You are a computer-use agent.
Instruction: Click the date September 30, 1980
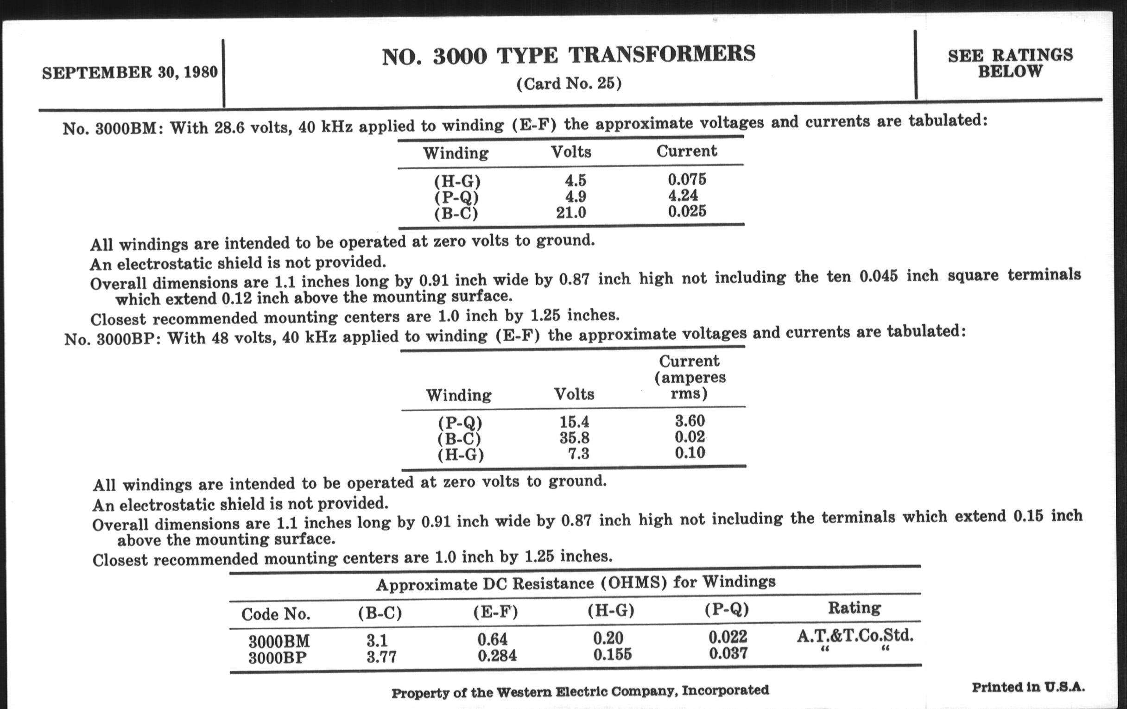coord(130,73)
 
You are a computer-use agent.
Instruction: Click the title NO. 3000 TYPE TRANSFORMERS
coord(568,55)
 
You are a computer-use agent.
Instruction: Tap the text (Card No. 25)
coord(569,84)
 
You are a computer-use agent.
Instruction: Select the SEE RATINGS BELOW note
coord(1010,63)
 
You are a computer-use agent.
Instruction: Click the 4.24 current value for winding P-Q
coord(683,195)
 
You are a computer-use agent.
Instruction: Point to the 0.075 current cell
coord(687,179)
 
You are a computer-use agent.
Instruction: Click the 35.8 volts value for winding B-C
coord(574,438)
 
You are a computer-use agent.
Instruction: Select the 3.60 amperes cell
coord(690,421)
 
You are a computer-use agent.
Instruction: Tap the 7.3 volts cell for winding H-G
coord(578,454)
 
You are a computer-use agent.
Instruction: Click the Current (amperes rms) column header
coord(690,377)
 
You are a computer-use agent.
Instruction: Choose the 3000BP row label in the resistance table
coord(278,658)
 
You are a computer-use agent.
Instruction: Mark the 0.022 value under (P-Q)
coord(728,636)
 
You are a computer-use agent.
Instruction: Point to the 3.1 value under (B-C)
coord(377,640)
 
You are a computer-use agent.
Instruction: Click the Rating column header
coord(854,608)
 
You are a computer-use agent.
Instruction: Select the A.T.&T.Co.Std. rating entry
coord(855,635)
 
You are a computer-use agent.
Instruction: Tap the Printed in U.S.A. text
coord(1028,687)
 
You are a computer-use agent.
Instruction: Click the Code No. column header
coord(276,614)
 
